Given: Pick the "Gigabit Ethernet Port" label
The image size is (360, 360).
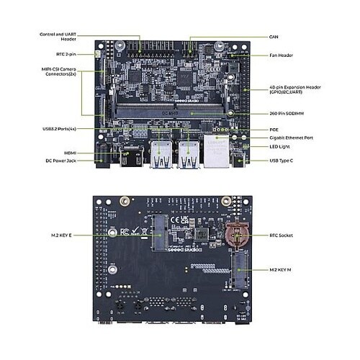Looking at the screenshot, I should (x=287, y=137).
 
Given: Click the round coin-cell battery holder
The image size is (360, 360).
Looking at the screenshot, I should (x=235, y=235).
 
